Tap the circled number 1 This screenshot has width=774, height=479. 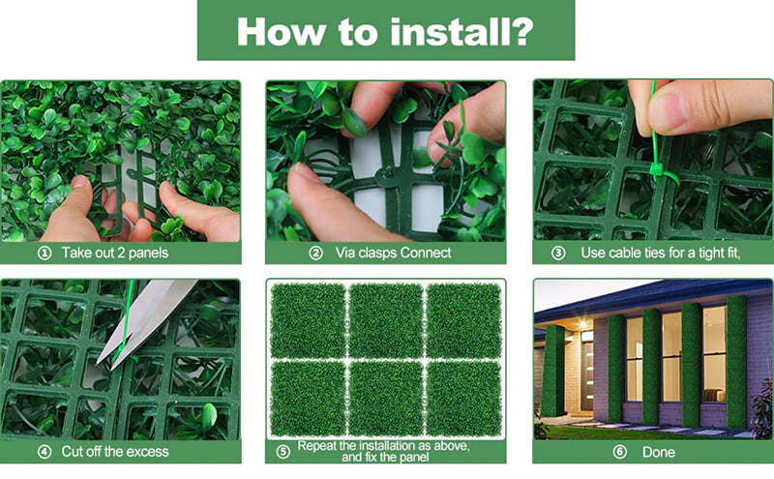[45, 254]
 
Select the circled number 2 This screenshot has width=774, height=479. [316, 254]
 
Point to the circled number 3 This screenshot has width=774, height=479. [558, 254]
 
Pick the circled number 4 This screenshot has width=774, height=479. [45, 452]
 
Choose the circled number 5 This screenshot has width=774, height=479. [283, 452]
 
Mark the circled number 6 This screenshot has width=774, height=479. [620, 452]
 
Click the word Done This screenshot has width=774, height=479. [659, 452]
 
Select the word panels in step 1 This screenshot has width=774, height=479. [148, 254]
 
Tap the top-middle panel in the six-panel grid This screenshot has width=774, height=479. [385, 320]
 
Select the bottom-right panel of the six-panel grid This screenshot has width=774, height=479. [463, 398]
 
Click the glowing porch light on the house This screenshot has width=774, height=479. [583, 324]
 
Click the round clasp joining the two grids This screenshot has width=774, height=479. [387, 173]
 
